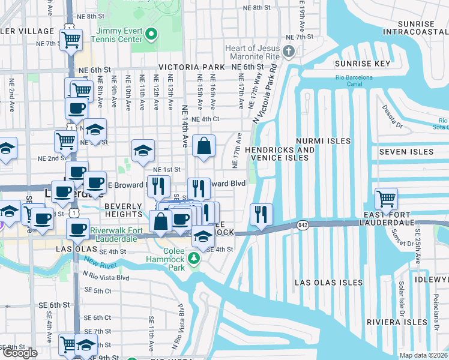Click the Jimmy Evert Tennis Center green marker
[x=151, y=35]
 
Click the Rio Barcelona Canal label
[x=354, y=77]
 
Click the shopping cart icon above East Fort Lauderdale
[x=386, y=198]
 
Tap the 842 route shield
[x=301, y=225]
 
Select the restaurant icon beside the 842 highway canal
[x=261, y=214]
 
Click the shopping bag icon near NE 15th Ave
[x=204, y=146]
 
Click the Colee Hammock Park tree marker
[x=193, y=259]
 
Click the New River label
[x=98, y=262]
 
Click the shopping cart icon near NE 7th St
[x=71, y=40]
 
